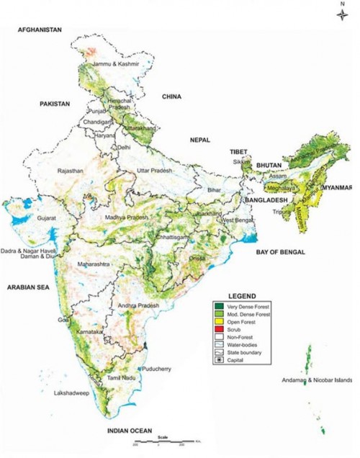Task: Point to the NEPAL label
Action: (199, 139)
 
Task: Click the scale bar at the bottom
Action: (173, 440)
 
